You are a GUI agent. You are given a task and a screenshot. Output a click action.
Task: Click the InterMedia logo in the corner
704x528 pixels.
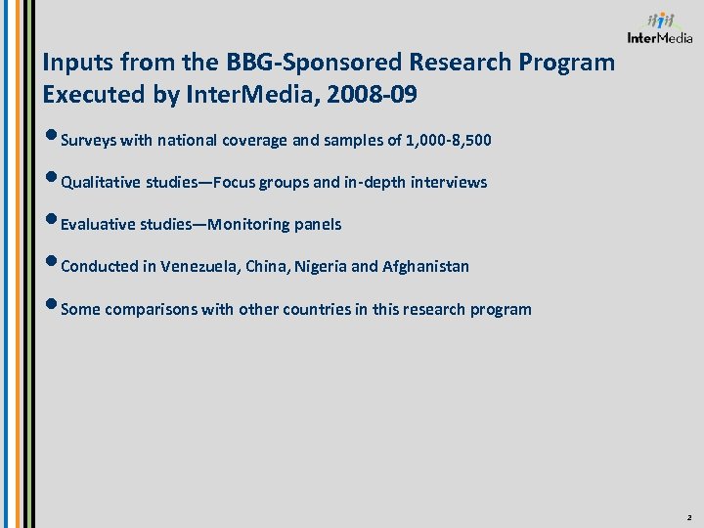(660, 28)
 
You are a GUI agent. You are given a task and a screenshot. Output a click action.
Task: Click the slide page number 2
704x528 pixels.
(688, 515)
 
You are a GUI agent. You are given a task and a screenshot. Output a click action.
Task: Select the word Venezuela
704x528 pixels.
(199, 267)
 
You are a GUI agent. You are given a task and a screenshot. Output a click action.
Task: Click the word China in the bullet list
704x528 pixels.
(266, 267)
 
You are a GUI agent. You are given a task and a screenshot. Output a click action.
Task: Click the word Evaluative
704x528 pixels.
(97, 225)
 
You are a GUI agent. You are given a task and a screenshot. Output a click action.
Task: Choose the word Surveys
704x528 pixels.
(88, 141)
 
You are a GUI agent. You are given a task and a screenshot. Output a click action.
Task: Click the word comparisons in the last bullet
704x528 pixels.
(151, 310)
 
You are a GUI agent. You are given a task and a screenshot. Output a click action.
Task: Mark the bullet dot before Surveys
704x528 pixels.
(51, 138)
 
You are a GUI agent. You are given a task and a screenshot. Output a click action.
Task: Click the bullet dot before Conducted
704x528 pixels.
(51, 264)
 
